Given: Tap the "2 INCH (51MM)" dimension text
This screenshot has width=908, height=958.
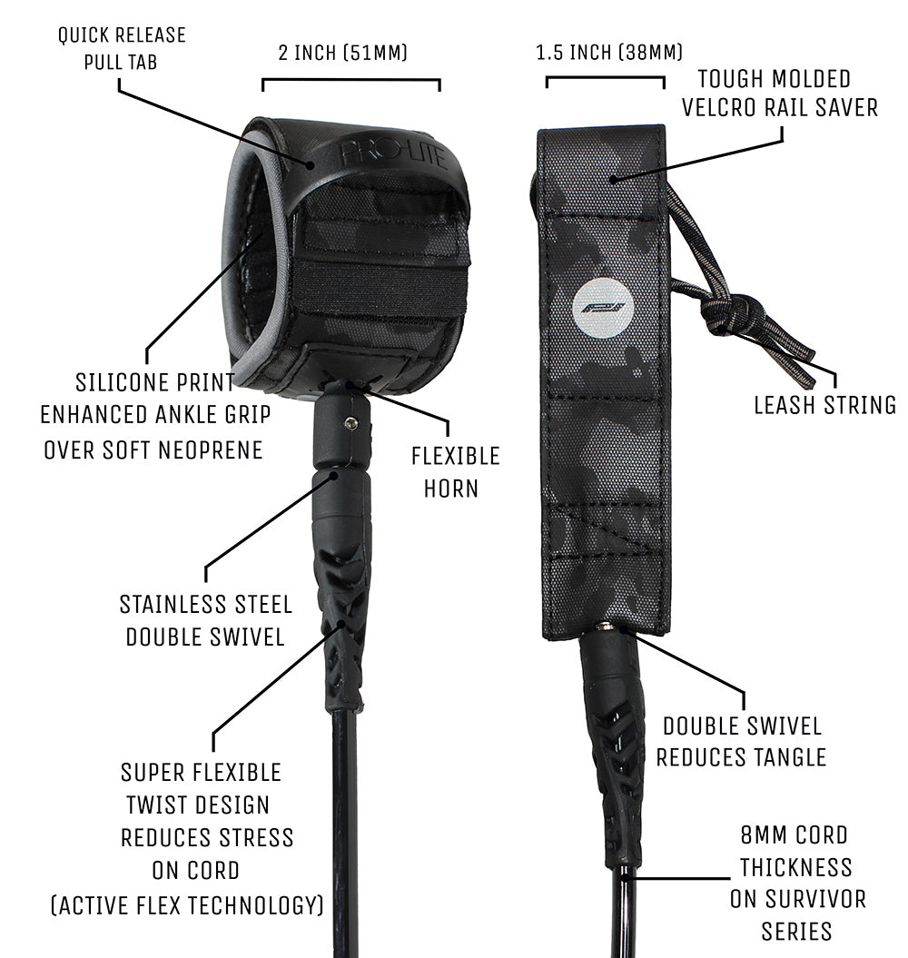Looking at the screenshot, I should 343,53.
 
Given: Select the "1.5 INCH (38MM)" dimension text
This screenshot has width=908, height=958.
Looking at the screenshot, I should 609,53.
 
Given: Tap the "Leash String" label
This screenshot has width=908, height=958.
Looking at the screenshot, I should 824,405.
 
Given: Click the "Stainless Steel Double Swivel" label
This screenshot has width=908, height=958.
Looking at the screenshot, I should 205,619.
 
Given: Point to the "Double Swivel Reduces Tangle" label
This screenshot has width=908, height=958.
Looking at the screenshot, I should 741,741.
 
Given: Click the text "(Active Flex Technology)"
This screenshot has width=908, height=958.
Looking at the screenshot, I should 186,904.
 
